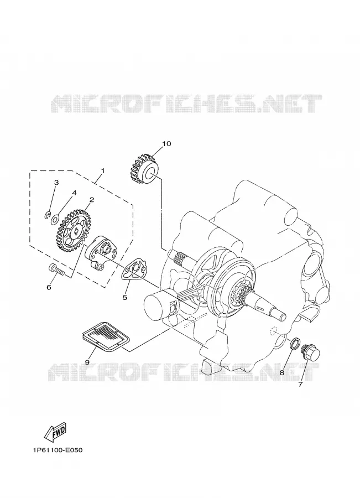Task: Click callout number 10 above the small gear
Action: click(x=166, y=144)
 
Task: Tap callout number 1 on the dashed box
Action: click(x=102, y=171)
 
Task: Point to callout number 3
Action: click(x=56, y=183)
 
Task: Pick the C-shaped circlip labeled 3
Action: click(x=47, y=216)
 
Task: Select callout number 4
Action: click(x=74, y=193)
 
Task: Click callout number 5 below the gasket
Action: click(x=125, y=297)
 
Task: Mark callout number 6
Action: click(x=49, y=287)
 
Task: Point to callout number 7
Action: click(x=300, y=385)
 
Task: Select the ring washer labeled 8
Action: click(x=295, y=343)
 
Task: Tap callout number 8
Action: click(x=282, y=372)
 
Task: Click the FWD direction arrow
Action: click(x=55, y=433)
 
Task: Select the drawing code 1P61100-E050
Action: click(x=57, y=450)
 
